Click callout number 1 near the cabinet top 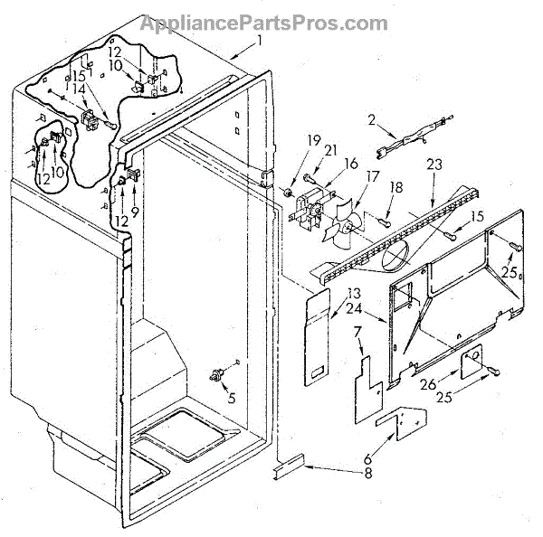pyautogui.click(x=259, y=41)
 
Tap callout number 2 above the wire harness pyautogui.click(x=370, y=119)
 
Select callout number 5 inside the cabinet pyautogui.click(x=232, y=395)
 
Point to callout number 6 pyautogui.click(x=367, y=459)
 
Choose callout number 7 pyautogui.click(x=358, y=336)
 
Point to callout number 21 pyautogui.click(x=306, y=149)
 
